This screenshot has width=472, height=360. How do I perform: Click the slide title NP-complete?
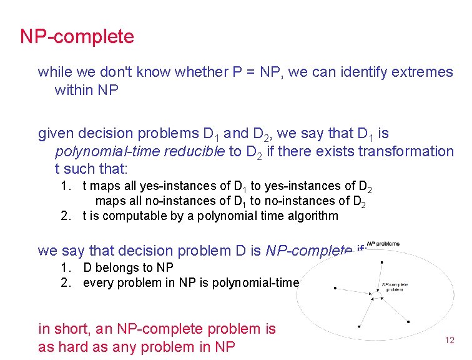coord(77,37)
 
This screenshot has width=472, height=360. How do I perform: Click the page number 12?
coord(449,340)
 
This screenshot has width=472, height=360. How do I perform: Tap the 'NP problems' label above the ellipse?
coord(383,243)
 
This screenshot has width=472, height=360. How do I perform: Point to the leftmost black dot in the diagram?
coord(335,288)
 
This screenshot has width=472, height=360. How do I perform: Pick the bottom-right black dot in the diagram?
coord(408,322)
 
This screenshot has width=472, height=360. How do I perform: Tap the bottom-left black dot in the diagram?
coord(360,327)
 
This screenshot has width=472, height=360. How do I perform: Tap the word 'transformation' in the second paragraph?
coord(410,151)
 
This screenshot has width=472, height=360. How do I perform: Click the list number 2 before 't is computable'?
coord(64,216)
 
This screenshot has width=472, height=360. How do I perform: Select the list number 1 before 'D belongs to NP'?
coord(64,267)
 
